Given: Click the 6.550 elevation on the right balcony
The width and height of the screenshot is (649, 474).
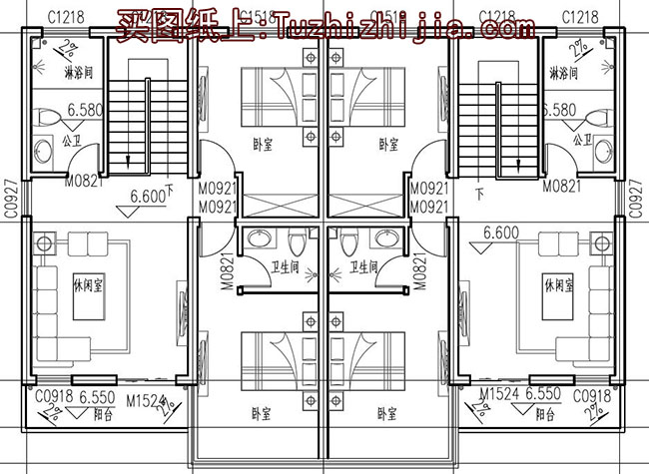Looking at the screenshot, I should pyautogui.click(x=546, y=396).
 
